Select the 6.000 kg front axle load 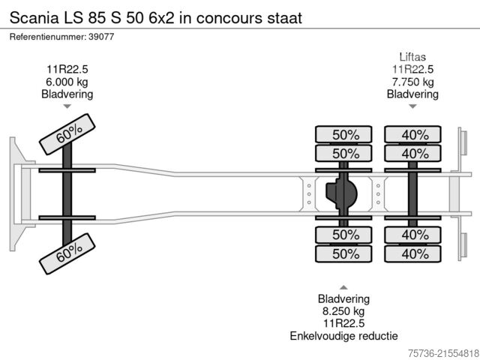[67, 82]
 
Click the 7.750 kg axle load [412, 82]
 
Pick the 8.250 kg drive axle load [343, 310]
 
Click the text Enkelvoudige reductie [343, 335]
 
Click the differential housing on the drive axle [341, 194]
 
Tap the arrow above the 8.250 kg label [343, 287]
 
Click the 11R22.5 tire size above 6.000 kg [67, 70]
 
